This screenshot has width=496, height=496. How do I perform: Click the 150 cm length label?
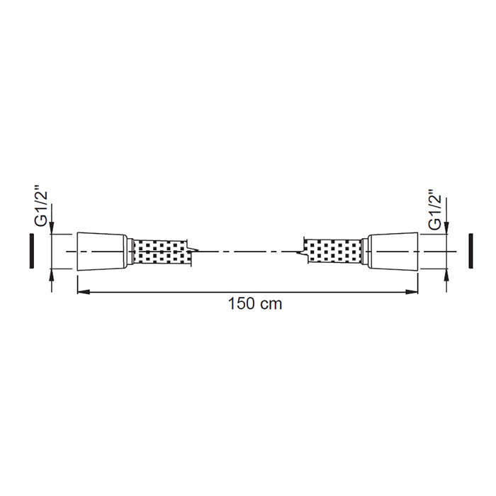(255, 304)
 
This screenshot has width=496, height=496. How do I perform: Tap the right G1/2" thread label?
(435, 210)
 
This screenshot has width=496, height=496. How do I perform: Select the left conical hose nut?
(102, 252)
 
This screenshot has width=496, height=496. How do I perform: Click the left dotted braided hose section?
(161, 252)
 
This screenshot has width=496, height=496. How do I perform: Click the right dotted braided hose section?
(334, 252)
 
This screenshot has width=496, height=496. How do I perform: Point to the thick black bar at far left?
(32, 251)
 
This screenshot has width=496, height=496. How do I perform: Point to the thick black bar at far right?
(470, 251)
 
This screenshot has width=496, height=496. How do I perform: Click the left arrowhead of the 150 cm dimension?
(84, 292)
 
